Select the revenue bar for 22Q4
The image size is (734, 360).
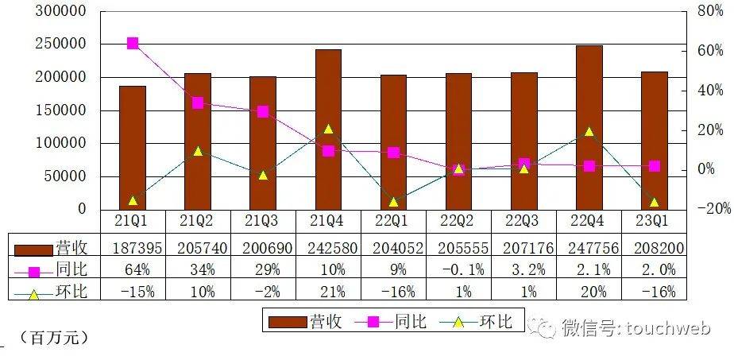[x=589, y=127]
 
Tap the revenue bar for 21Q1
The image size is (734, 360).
[x=133, y=148]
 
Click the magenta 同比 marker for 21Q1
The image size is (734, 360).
[x=133, y=43]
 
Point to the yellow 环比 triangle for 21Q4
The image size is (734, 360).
[x=328, y=129]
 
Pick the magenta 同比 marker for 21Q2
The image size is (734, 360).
[x=198, y=103]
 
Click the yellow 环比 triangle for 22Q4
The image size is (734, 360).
[x=589, y=132]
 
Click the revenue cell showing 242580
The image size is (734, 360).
[x=328, y=249]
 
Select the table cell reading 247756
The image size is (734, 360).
[x=589, y=249]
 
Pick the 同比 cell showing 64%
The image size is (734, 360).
[x=133, y=270]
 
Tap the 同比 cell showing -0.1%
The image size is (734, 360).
[x=458, y=270]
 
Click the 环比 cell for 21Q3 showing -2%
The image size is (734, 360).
[x=263, y=292]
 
